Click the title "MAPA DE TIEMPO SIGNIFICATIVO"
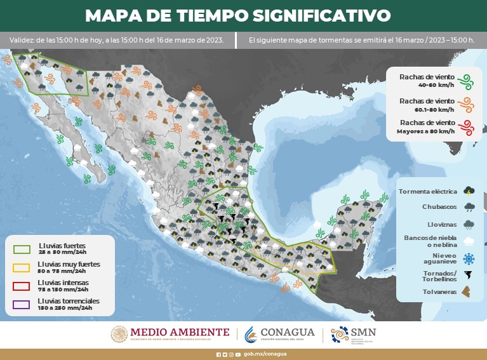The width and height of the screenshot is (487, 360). (x=237, y=15)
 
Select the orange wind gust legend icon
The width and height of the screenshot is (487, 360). (x=467, y=105)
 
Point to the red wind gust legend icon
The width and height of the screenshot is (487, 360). (x=467, y=126)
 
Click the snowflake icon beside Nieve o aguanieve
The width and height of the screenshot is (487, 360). (x=469, y=258)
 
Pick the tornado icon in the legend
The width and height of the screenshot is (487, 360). (x=469, y=275)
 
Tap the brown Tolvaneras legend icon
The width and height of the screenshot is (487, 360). (x=469, y=292)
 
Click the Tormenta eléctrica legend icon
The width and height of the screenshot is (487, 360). (x=469, y=190)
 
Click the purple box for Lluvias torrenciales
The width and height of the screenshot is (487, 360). (x=22, y=304)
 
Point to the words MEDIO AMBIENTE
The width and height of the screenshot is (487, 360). (x=180, y=331)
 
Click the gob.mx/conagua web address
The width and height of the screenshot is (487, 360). (x=265, y=354)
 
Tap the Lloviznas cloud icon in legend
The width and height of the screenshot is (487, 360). (x=469, y=224)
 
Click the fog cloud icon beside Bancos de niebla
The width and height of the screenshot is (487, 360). (x=469, y=241)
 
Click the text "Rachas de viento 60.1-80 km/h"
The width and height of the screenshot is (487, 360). (x=427, y=105)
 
